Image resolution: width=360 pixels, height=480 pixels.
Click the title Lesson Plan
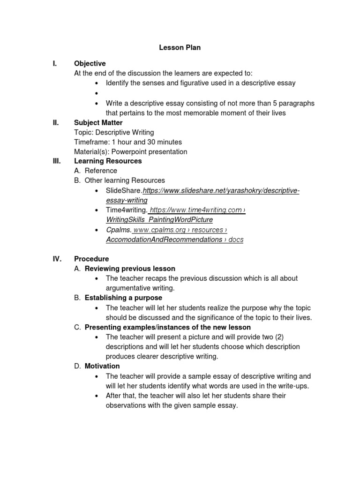(x=180, y=47)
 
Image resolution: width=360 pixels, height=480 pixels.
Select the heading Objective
(x=90, y=63)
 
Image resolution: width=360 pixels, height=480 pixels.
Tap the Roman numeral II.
(x=56, y=122)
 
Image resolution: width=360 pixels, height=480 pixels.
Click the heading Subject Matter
(x=98, y=122)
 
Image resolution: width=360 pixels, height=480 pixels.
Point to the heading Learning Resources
(x=108, y=161)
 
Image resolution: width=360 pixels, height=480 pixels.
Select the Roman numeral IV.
(x=56, y=259)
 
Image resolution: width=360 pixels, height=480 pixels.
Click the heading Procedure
(x=91, y=259)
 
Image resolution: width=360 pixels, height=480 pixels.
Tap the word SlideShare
(x=123, y=191)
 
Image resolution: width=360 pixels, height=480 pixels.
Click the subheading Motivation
(x=102, y=366)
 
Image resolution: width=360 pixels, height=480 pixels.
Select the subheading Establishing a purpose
(x=123, y=298)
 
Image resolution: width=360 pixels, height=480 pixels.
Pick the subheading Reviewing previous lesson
(x=130, y=269)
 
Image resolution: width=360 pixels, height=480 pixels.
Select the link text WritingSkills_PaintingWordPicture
(x=159, y=220)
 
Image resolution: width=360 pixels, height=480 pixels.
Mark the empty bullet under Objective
(x=96, y=93)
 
